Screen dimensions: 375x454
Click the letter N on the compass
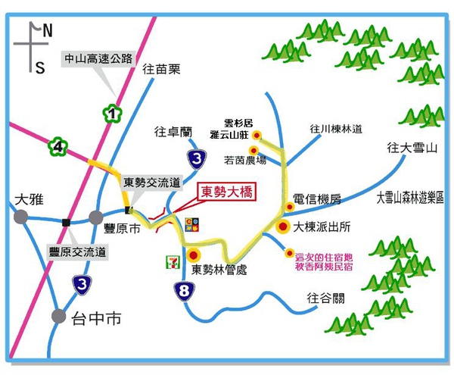48,31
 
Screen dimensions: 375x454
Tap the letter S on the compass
39,68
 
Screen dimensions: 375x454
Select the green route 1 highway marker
112,114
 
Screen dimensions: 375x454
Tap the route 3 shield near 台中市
80,284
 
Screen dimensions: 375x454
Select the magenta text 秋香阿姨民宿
324,265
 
